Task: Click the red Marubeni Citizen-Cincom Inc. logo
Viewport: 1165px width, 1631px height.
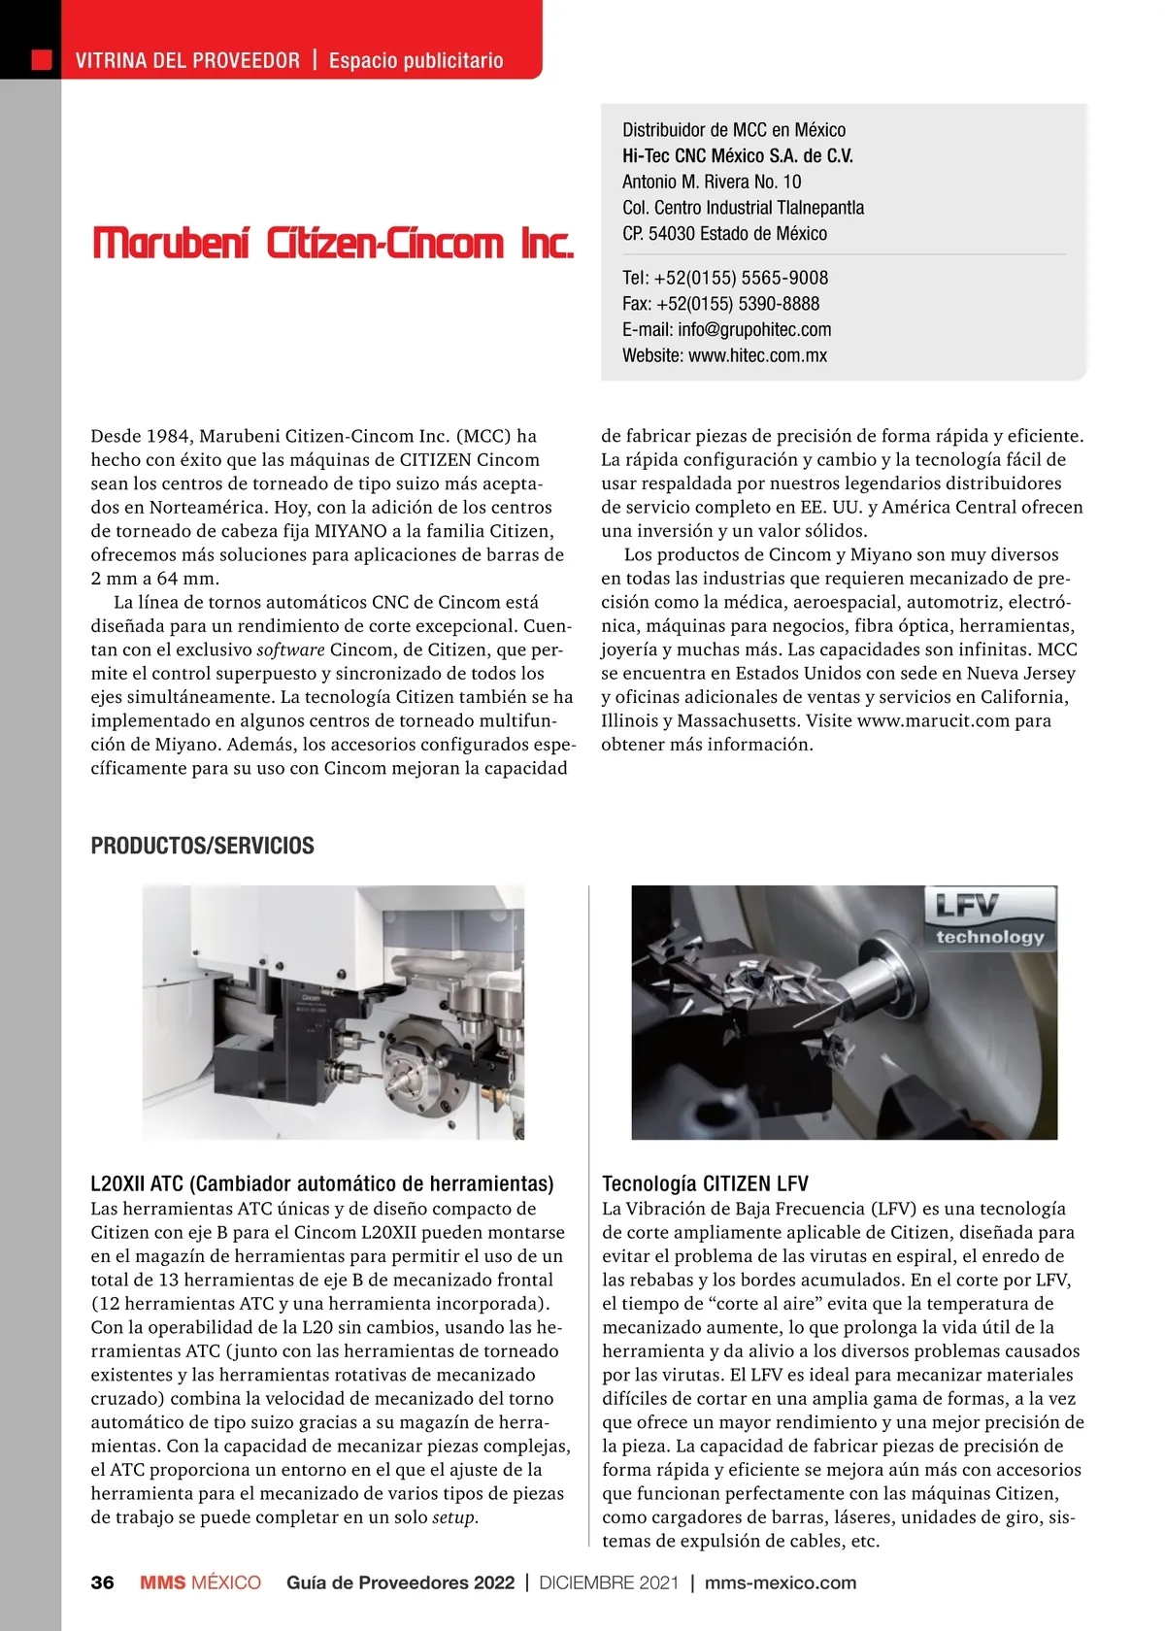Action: click(x=333, y=243)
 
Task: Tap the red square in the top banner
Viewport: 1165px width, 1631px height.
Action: click(x=42, y=60)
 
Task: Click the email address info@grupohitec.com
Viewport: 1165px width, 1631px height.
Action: click(x=754, y=329)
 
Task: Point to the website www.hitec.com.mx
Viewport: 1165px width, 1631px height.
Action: click(x=757, y=355)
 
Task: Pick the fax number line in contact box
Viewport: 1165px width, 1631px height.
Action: click(x=720, y=304)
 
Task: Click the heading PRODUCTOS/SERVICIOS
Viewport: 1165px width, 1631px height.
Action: click(x=202, y=846)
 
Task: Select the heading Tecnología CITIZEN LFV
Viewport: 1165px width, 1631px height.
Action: click(x=705, y=1183)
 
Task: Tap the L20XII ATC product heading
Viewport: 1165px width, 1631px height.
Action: click(x=321, y=1183)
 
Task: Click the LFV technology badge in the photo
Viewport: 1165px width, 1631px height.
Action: click(x=989, y=918)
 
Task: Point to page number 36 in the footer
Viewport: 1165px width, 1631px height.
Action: click(x=102, y=1582)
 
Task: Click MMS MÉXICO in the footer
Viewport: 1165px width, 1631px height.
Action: click(x=200, y=1582)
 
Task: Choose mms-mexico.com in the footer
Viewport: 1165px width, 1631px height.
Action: click(x=781, y=1582)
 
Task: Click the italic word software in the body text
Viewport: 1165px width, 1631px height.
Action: click(x=290, y=649)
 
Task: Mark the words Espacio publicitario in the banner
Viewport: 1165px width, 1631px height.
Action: click(x=416, y=60)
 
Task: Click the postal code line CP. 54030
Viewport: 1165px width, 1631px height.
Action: click(x=724, y=234)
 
